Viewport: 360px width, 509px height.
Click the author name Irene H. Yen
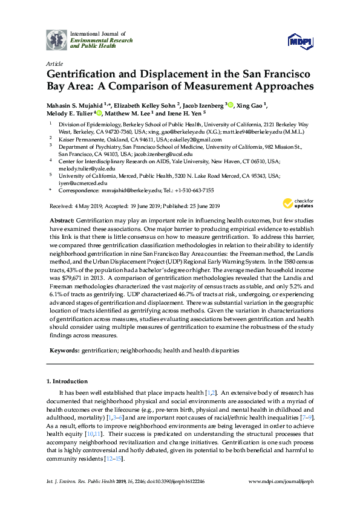point(186,112)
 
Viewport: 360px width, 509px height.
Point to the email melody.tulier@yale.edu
point(82,169)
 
